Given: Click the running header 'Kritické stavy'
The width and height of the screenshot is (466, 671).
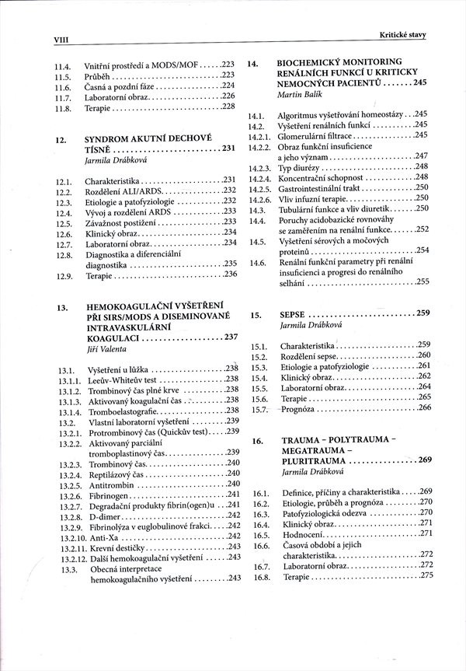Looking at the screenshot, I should click(x=402, y=34).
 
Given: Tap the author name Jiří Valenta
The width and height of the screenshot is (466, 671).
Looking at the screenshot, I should click(x=106, y=350).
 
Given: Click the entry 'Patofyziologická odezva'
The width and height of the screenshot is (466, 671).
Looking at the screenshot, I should click(x=326, y=513).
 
